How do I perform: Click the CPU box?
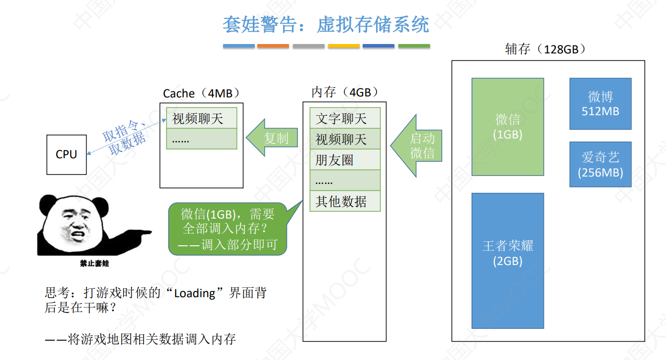click(66, 154)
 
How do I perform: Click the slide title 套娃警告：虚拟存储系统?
click(326, 24)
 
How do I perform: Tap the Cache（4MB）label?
click(202, 93)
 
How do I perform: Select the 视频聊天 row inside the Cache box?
click(201, 119)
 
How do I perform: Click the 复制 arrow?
click(273, 138)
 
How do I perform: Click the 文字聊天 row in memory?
click(345, 119)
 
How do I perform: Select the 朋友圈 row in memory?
click(345, 160)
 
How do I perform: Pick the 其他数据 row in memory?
click(345, 201)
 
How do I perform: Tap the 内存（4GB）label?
click(345, 92)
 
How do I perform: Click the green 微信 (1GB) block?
click(508, 127)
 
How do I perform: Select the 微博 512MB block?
click(600, 104)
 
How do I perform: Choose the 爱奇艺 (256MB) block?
click(600, 165)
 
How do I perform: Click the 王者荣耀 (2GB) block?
click(508, 261)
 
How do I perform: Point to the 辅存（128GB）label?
click(545, 49)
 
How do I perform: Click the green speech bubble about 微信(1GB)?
click(228, 229)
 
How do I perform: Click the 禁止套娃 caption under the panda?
click(94, 264)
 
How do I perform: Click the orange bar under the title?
click(273, 46)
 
